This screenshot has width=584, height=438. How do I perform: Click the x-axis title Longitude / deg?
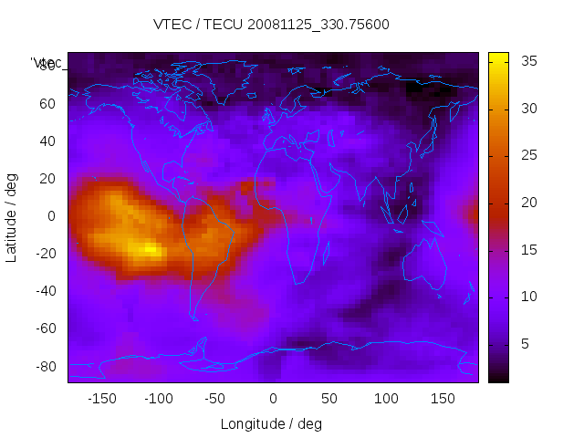coord(271,423)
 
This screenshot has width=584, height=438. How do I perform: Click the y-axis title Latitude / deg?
coord(12,216)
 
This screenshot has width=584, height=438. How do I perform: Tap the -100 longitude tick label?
coord(159,399)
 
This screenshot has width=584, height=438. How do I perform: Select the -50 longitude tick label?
coord(215,399)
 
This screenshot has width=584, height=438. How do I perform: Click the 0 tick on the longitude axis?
coord(273,399)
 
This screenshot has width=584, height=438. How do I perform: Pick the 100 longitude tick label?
coord(387,399)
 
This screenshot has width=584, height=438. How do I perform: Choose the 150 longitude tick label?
coord(443,399)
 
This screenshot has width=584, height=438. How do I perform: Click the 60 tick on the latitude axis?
coord(47,103)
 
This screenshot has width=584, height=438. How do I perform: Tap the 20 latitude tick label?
coord(47,179)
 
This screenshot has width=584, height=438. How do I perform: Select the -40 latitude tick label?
coord(44,291)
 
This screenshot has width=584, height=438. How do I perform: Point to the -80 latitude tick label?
coord(44,366)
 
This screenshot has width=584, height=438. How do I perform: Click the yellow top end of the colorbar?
coord(498,57)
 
